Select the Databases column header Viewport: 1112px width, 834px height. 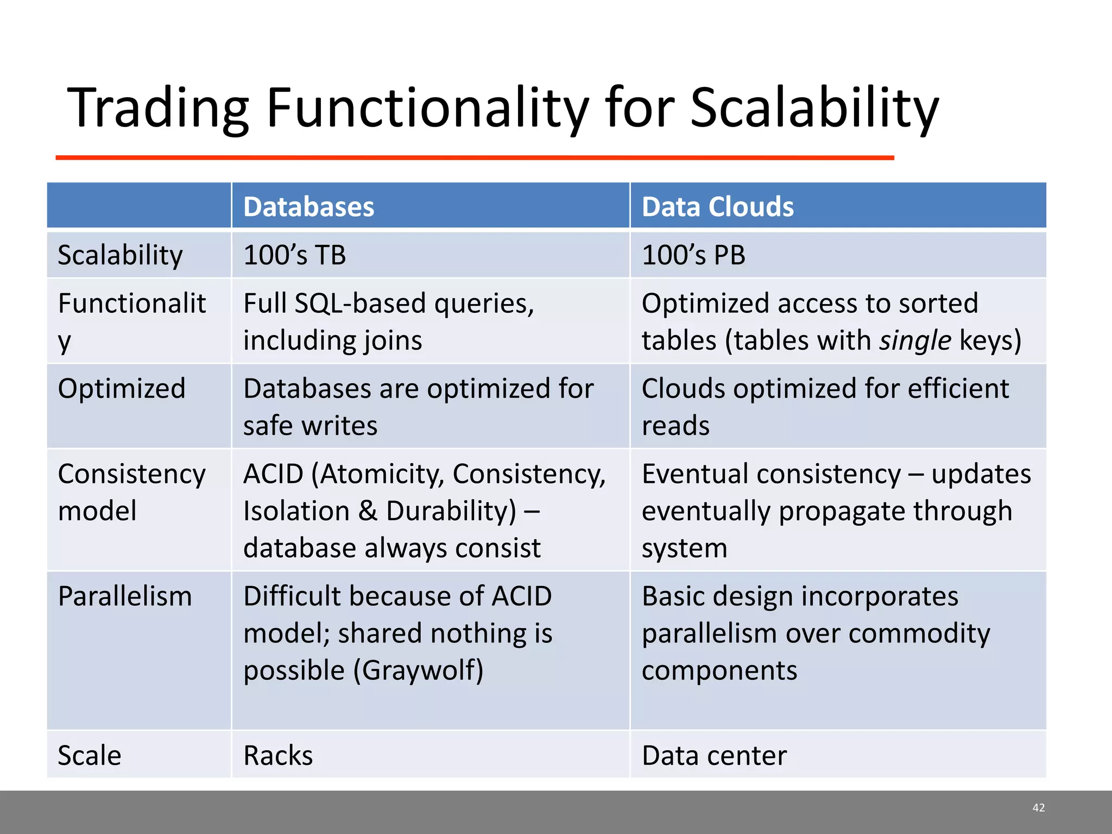tap(308, 207)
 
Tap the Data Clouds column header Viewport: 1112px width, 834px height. tap(717, 207)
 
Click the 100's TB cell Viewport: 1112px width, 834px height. tap(294, 255)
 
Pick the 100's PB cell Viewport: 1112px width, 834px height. tap(693, 255)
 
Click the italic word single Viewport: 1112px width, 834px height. tap(915, 341)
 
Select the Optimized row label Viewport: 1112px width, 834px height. tap(122, 389)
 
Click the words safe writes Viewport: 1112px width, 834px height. tap(310, 426)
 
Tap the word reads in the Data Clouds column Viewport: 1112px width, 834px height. tap(675, 426)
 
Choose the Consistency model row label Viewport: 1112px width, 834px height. tap(131, 492)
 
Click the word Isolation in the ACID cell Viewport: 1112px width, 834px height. tap(296, 511)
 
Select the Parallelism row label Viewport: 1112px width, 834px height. tap(125, 597)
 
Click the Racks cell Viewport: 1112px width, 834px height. tap(278, 756)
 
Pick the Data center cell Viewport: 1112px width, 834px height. tap(714, 756)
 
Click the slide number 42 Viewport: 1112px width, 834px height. tap(1038, 808)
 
